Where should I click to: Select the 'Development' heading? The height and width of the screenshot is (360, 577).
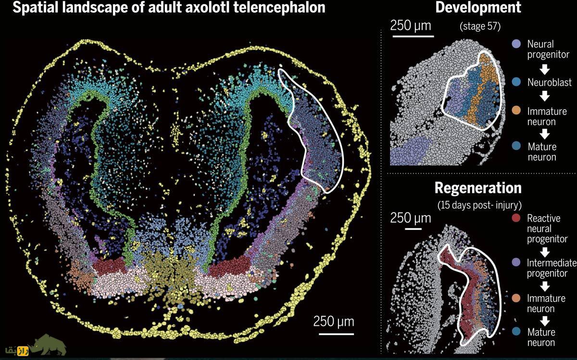[x=478, y=7]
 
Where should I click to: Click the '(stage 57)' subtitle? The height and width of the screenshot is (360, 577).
[x=480, y=26]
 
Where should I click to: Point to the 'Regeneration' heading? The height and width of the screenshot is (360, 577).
[x=478, y=188]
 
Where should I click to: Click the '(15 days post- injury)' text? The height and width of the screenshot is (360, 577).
[x=479, y=205]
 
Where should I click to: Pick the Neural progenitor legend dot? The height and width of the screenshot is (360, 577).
[x=516, y=44]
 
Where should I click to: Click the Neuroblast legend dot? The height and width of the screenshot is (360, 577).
[x=516, y=82]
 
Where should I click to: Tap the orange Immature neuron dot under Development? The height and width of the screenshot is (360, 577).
[x=516, y=111]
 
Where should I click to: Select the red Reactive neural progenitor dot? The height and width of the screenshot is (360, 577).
[x=516, y=218]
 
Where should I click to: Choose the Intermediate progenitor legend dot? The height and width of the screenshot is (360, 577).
[x=516, y=262]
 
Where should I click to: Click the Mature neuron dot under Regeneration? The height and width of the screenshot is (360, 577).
[x=516, y=332]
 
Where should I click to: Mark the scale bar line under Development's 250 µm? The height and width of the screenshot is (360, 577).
[x=413, y=37]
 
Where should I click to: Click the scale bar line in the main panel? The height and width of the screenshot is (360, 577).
[x=336, y=334]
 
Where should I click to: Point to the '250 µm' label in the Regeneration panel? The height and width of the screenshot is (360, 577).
[x=410, y=218]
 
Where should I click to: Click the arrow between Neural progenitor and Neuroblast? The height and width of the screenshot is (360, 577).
[x=544, y=70]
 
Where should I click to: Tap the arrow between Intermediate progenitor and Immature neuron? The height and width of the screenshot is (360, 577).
[x=544, y=286]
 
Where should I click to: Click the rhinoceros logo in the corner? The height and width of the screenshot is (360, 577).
[x=48, y=345]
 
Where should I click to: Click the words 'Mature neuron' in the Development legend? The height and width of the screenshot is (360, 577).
[x=542, y=152]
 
